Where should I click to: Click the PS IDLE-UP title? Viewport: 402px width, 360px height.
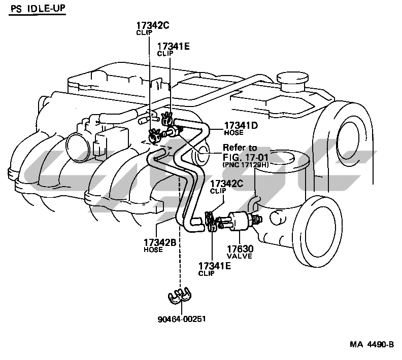pyautogui.click(x=38, y=9)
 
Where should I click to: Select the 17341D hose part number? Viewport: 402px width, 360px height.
pyautogui.click(x=241, y=125)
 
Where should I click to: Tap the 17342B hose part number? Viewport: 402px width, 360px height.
pyautogui.click(x=160, y=242)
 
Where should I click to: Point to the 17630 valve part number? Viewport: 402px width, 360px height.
pyautogui.click(x=240, y=249)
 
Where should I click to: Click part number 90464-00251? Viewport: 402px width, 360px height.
pyautogui.click(x=182, y=319)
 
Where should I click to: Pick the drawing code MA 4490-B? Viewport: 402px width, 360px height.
pyautogui.click(x=372, y=344)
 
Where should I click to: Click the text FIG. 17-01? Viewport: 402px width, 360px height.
pyautogui.click(x=245, y=157)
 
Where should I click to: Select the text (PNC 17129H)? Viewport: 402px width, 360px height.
pyautogui.click(x=246, y=165)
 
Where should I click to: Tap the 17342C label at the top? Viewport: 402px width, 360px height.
pyautogui.click(x=153, y=25)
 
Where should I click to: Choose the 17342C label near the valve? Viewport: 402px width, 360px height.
pyautogui.click(x=227, y=184)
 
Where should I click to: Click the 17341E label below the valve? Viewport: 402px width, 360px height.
pyautogui.click(x=215, y=266)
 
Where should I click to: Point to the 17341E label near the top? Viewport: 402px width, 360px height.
pyautogui.click(x=173, y=46)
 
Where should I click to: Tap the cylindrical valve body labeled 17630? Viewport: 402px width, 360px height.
pyautogui.click(x=239, y=221)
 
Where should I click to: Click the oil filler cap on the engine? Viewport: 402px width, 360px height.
pyautogui.click(x=292, y=81)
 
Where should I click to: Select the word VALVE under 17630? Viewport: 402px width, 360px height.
pyautogui.click(x=240, y=256)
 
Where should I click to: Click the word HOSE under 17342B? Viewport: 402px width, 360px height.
pyautogui.click(x=153, y=249)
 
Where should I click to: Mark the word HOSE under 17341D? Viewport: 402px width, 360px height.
pyautogui.click(x=233, y=133)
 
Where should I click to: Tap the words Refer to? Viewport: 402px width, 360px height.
pyautogui.click(x=240, y=148)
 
